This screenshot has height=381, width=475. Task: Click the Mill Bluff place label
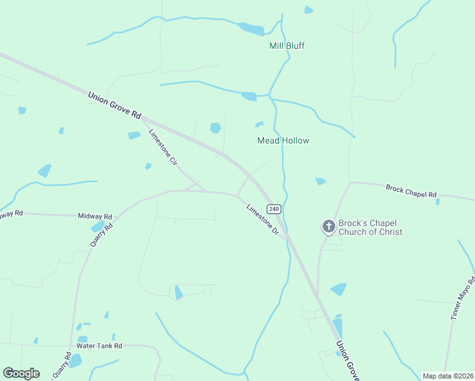287,46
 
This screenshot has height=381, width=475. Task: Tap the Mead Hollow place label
283,140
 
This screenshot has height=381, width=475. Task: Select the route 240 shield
274,209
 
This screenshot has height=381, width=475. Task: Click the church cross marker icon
329,226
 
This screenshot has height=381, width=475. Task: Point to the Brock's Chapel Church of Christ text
370,227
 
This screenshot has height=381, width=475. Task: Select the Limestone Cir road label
163,148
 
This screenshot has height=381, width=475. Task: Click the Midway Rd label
95,217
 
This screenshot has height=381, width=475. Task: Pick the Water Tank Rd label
99,346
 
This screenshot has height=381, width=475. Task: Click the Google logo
21,373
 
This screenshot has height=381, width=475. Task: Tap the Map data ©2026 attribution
447,376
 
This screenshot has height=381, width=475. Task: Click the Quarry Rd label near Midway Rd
101,234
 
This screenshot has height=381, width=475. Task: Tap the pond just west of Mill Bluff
251,29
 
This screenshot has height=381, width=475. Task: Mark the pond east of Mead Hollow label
321,182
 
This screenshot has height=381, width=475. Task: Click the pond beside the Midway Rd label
98,227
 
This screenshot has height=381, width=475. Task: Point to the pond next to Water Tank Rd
76,361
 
